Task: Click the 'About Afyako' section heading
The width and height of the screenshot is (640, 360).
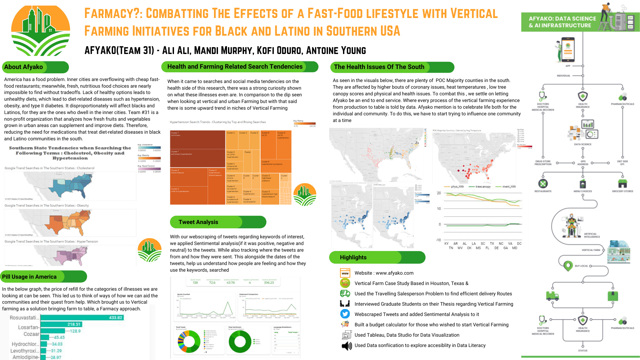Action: [x=24, y=67]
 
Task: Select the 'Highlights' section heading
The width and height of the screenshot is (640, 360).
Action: [x=353, y=257]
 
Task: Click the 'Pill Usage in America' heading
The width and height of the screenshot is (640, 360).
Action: [x=29, y=277]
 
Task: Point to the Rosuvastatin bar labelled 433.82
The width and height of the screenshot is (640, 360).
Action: [x=82, y=318]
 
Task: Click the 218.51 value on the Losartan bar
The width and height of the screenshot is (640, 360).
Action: [x=74, y=324]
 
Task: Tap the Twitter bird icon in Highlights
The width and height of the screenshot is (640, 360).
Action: [x=345, y=314]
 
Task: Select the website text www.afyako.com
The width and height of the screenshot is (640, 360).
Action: [x=394, y=273]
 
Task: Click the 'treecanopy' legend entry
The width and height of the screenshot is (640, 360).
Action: [x=483, y=187]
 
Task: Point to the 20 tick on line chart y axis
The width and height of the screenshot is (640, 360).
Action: [x=439, y=193]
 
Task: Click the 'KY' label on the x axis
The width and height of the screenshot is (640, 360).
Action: [x=446, y=244]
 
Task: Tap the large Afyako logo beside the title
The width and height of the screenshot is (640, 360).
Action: [x=41, y=31]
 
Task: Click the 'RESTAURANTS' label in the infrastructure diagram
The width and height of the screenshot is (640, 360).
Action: [x=543, y=191]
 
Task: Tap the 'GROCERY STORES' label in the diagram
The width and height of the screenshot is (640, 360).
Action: [x=622, y=191]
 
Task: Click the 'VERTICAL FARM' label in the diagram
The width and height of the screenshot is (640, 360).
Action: [x=591, y=250]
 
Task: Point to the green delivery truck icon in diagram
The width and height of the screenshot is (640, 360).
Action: [x=552, y=296]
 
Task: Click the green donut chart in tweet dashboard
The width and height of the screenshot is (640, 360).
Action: [x=240, y=341]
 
